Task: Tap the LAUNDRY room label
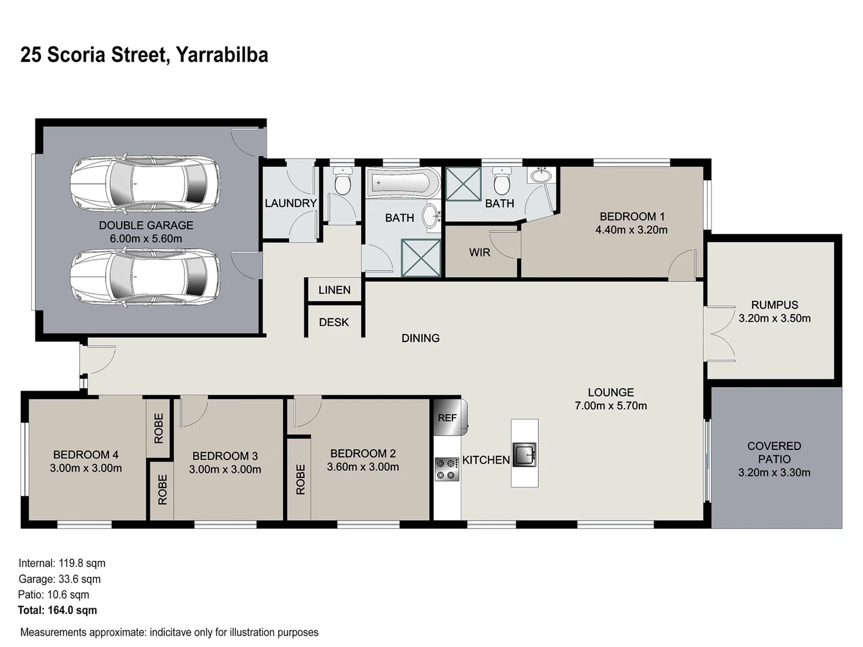[291, 203]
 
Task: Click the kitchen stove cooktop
[447, 469]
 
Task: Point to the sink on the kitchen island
[525, 454]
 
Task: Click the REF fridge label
[447, 418]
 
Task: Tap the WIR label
[479, 252]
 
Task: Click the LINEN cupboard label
[334, 290]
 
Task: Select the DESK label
[334, 322]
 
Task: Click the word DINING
[420, 338]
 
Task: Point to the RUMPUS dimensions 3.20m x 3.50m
[774, 319]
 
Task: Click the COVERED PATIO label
[774, 453]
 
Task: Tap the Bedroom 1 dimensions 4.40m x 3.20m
[631, 230]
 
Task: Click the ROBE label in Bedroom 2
[300, 479]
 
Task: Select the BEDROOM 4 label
[82, 455]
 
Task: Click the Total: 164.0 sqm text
[58, 610]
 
